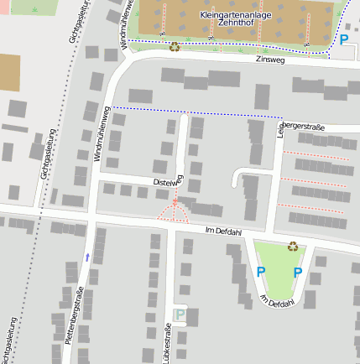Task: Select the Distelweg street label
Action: [168, 181]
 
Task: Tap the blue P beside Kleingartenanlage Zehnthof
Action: [344, 39]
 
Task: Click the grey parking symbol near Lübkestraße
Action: [180, 315]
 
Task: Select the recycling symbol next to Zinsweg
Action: [174, 47]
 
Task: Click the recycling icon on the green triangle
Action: [293, 247]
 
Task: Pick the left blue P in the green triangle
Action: [260, 272]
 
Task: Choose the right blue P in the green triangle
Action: [297, 272]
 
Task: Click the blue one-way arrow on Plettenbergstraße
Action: [87, 257]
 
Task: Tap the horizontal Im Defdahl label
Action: [222, 230]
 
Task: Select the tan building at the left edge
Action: [8, 74]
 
